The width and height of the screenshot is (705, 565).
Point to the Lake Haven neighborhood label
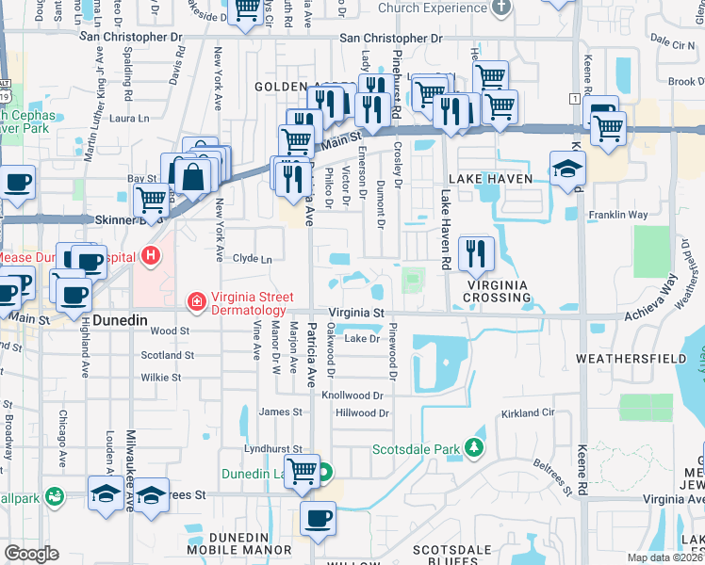491,178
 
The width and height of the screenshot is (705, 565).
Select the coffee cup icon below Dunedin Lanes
318,517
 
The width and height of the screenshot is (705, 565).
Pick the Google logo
32,554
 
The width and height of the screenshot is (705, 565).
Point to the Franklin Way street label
617,215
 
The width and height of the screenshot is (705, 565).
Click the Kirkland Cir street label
528,413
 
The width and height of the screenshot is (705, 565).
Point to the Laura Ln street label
129,119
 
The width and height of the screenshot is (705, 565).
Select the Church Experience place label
431,8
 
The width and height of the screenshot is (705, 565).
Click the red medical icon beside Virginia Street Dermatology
196,301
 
